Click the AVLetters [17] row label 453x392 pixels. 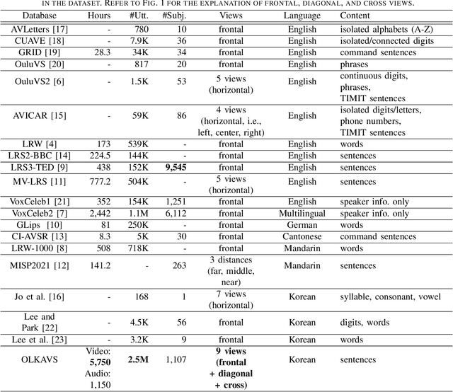tap(41, 30)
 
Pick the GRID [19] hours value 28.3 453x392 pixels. tap(102, 52)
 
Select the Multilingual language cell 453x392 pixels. tap(302, 214)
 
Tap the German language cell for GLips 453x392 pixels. tap(302, 225)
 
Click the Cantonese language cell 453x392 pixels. tap(302, 236)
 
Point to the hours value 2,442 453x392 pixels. tap(102, 214)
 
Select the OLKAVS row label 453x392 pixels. tap(41, 360)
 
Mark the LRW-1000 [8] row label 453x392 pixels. tap(41, 248)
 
